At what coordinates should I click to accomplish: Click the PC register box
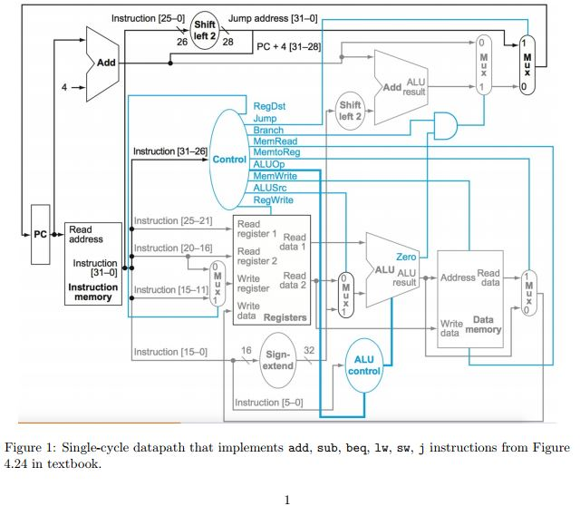click(x=40, y=234)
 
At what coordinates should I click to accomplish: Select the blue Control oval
click(x=228, y=160)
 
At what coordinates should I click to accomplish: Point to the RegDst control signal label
click(x=269, y=105)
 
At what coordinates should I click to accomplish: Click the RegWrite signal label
click(x=273, y=199)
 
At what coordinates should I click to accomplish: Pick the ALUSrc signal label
click(x=271, y=188)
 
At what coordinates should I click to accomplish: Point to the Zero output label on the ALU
click(x=406, y=258)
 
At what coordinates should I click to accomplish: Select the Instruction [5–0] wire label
click(x=268, y=403)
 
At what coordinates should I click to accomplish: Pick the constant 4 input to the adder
click(x=64, y=89)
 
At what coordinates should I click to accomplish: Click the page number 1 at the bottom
click(x=288, y=497)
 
